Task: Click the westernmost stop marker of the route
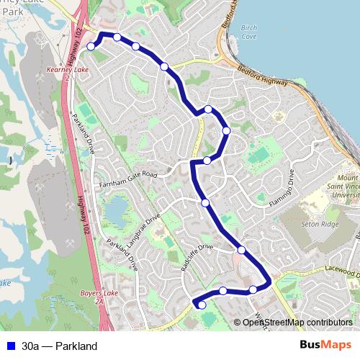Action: (91, 46)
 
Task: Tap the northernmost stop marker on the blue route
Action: (117, 37)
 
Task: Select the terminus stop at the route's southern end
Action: (202, 305)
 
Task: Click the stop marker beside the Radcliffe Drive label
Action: (241, 250)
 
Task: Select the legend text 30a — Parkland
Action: (59, 346)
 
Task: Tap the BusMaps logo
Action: (325, 346)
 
